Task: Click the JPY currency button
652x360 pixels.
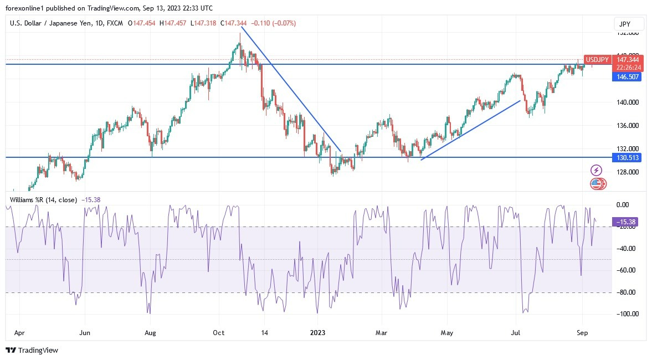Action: [629, 24]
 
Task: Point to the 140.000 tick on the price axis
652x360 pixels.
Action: [628, 102]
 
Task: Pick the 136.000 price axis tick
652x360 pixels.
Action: [628, 126]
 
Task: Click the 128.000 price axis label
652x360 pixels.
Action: [628, 172]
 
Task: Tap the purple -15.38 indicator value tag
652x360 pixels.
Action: [626, 222]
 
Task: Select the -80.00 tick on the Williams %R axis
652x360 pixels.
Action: [627, 292]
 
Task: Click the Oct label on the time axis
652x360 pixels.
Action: [219, 333]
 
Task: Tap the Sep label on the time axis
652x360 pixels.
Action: [582, 333]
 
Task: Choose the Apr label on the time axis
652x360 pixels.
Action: [19, 333]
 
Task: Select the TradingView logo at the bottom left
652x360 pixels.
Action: [32, 351]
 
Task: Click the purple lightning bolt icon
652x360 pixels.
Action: [597, 170]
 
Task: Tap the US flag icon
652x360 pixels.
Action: [596, 183]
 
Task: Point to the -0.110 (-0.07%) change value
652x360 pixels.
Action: [274, 23]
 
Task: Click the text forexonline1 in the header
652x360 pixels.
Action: [27, 7]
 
